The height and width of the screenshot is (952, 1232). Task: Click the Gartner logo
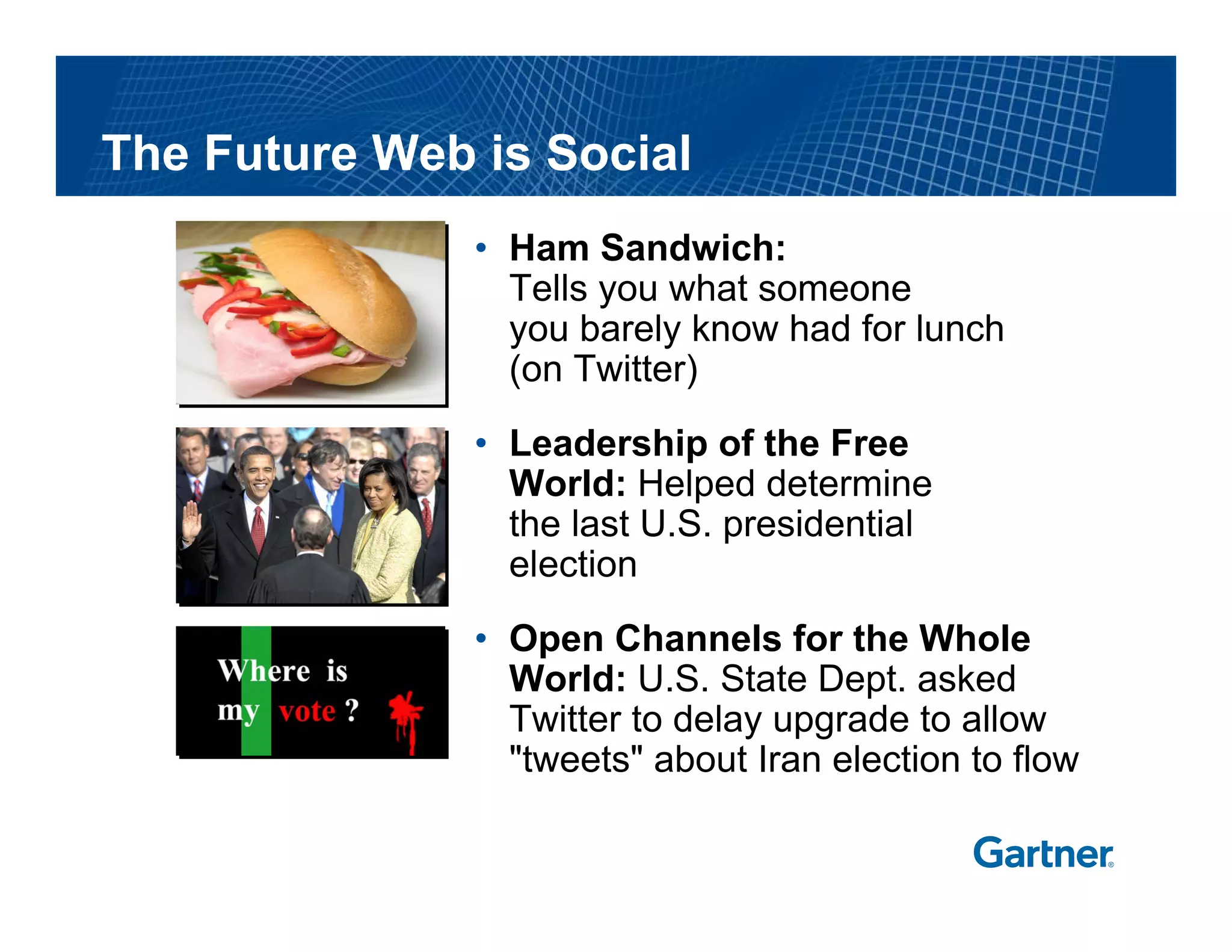1043,853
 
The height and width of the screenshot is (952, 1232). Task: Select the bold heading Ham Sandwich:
647,248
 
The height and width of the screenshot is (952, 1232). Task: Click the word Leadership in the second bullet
608,444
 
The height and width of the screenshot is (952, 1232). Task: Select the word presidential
818,524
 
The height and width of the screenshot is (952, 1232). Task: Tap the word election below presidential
573,564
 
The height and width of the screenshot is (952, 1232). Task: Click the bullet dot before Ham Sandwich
480,248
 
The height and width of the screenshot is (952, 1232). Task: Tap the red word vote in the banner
307,711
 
